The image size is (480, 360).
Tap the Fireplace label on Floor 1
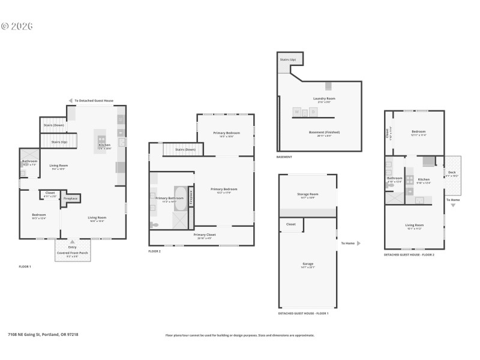(71, 197)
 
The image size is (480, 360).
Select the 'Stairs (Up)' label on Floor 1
(59, 142)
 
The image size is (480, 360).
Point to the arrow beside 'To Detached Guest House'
(70, 100)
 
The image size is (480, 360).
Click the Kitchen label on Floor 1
(104, 145)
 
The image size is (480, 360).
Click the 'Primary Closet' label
(205, 235)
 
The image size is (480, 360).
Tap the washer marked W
(296, 112)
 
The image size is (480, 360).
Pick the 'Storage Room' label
(307, 194)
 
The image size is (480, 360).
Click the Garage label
(307, 263)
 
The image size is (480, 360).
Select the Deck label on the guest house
(452, 173)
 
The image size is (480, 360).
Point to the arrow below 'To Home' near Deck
(452, 205)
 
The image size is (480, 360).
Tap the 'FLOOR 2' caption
(155, 251)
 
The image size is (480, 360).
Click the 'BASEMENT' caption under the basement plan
(284, 157)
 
